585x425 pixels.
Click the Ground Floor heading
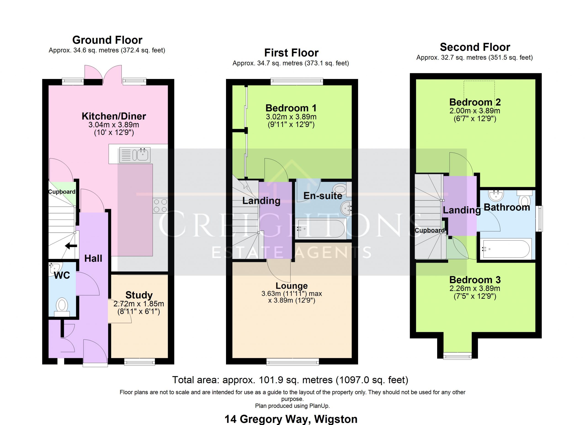[x=107, y=40]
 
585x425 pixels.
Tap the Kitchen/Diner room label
[x=114, y=116]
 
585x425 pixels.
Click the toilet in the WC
[x=62, y=307]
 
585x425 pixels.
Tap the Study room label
[x=139, y=295]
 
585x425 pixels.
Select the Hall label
[x=93, y=258]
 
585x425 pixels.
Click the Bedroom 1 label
[x=291, y=108]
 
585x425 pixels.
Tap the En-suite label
[x=323, y=196]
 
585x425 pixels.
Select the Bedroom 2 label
[x=475, y=102]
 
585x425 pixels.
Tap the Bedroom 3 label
[x=475, y=280]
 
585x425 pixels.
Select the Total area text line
[x=290, y=380]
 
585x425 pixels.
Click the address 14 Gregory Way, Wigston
[x=291, y=419]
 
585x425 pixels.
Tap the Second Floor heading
[x=475, y=47]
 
